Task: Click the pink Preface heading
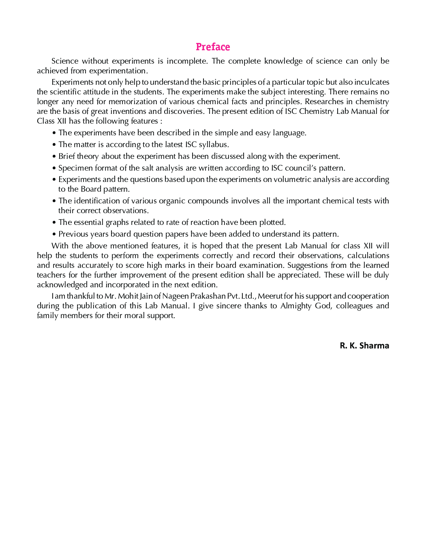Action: pyautogui.click(x=213, y=47)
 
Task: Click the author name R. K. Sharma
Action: pyautogui.click(x=364, y=346)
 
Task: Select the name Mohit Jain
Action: pyautogui.click(x=135, y=296)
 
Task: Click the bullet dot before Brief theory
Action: pyautogui.click(x=54, y=156)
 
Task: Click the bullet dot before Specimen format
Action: pyautogui.click(x=54, y=168)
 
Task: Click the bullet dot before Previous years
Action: pyautogui.click(x=54, y=234)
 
